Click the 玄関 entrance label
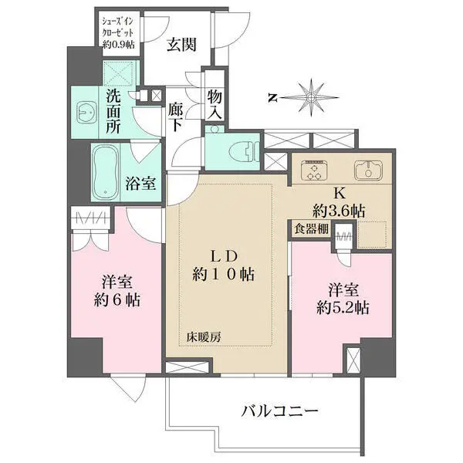(x=181, y=46)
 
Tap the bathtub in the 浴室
(x=106, y=173)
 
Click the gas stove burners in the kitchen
(x=314, y=170)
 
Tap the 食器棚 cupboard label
(x=311, y=228)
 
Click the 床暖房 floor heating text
(x=204, y=337)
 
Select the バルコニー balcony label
(x=279, y=411)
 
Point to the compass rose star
(x=310, y=97)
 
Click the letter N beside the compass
(x=272, y=98)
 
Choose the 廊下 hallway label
(x=176, y=117)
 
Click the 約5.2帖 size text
(x=343, y=309)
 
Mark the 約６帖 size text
(x=117, y=300)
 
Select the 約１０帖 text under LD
(x=224, y=274)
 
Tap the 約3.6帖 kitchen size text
(x=339, y=211)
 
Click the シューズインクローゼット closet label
(x=118, y=33)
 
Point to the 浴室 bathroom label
(x=140, y=184)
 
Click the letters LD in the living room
(x=223, y=257)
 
